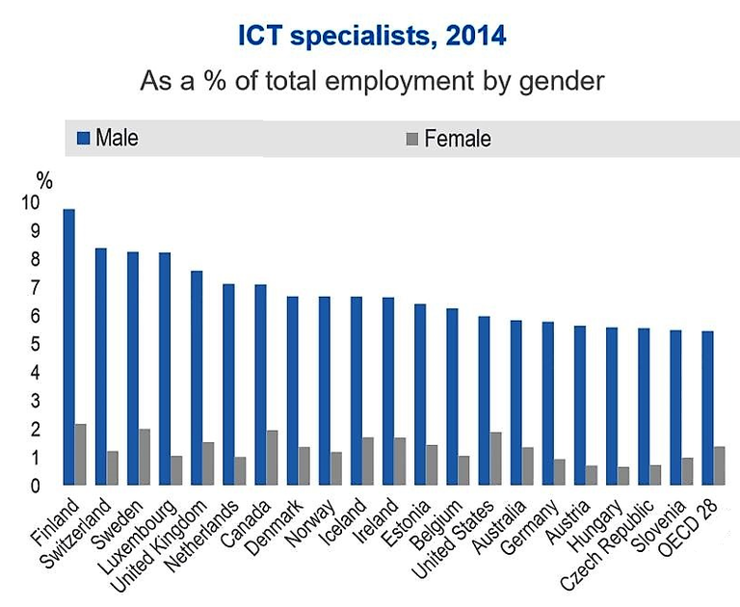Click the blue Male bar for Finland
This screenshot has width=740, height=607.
click(x=68, y=347)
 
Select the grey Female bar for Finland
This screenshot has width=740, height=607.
click(x=80, y=454)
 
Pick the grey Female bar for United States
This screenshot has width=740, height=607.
click(x=495, y=459)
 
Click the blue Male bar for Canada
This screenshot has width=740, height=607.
click(x=260, y=384)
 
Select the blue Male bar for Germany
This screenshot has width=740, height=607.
click(x=547, y=403)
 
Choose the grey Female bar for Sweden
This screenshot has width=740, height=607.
click(x=144, y=457)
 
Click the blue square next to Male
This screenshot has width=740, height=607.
click(x=82, y=139)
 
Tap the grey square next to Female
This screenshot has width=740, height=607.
click(x=411, y=140)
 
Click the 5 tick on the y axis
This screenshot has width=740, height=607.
click(x=37, y=345)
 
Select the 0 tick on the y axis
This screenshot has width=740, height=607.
click(x=37, y=487)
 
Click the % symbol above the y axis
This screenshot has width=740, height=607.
click(x=44, y=178)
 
